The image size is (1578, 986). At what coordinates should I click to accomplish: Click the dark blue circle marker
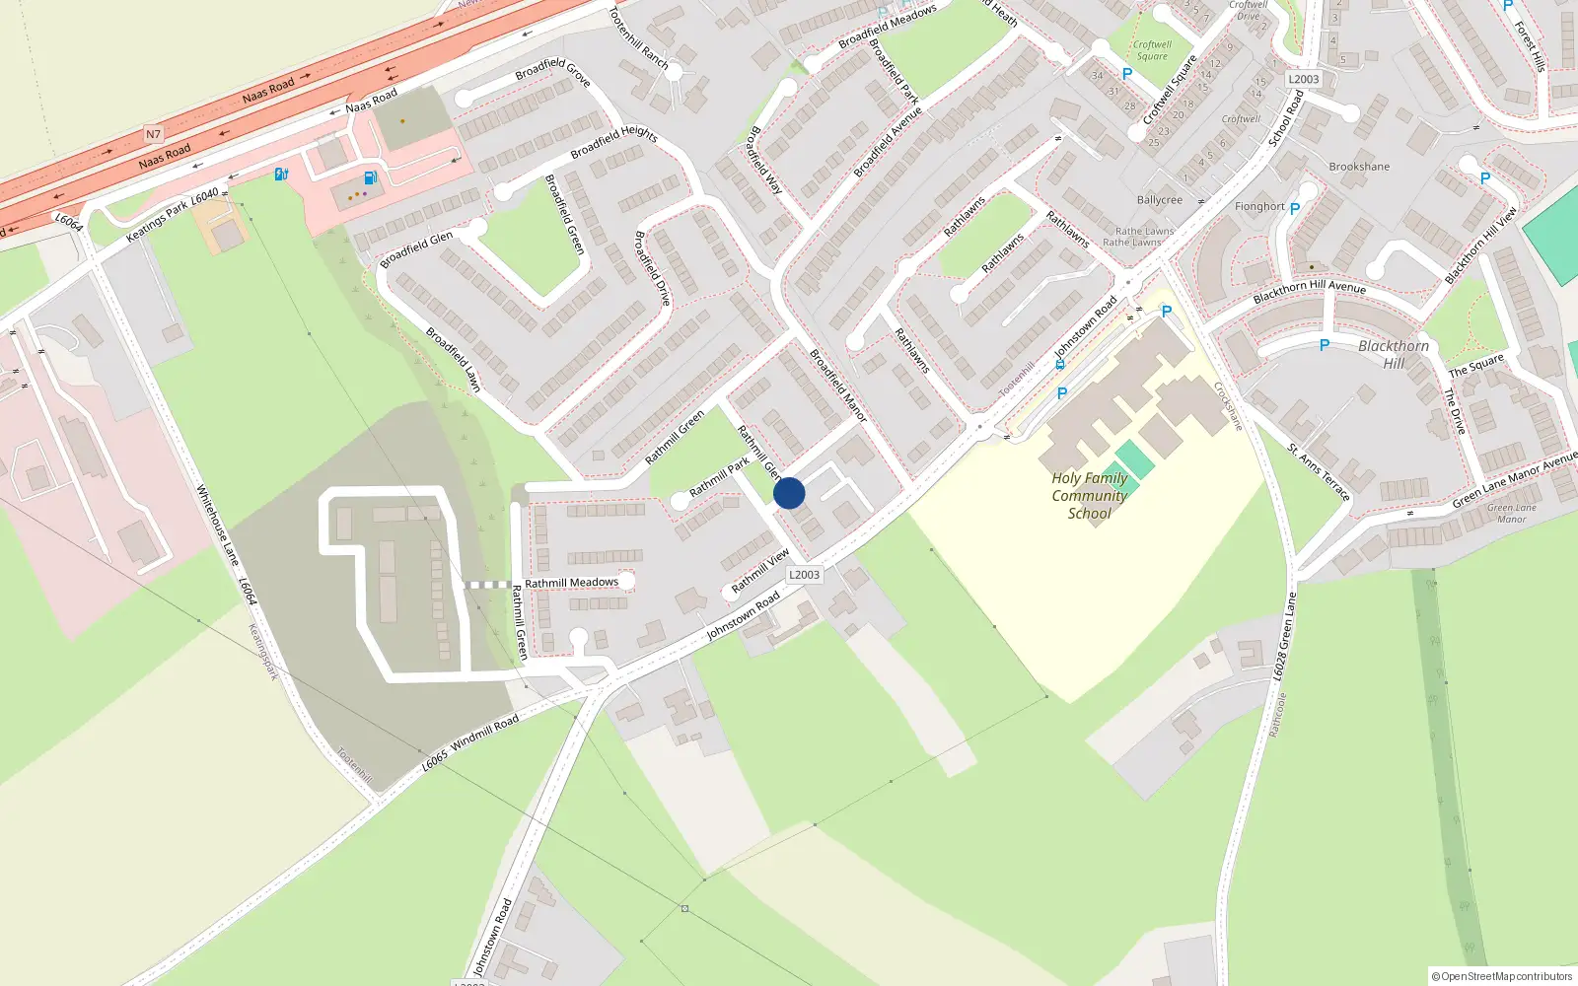(789, 493)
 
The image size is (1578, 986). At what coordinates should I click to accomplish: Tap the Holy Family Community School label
(1089, 495)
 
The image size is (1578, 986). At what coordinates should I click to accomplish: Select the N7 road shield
(153, 134)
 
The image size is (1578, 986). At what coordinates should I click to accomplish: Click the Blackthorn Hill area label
(1393, 354)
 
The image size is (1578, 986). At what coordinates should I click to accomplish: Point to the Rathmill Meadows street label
(571, 583)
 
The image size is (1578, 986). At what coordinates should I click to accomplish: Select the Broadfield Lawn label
(453, 359)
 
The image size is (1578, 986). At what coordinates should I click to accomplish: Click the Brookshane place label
(1359, 167)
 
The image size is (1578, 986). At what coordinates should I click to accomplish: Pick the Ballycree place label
(1159, 200)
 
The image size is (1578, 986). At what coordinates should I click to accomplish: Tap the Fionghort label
(1259, 207)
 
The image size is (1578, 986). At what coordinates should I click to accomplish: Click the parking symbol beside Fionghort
(1295, 209)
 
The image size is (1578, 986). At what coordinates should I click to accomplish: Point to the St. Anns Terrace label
(1319, 472)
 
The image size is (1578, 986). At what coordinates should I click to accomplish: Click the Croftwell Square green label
(1152, 50)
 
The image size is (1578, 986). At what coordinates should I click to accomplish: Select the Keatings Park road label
(157, 222)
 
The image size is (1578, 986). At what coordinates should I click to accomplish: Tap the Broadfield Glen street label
(416, 249)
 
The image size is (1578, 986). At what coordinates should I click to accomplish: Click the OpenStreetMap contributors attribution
(1502, 976)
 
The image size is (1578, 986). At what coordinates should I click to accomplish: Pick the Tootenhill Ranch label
(639, 38)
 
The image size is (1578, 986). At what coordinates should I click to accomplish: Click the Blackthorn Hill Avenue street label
(1310, 291)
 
